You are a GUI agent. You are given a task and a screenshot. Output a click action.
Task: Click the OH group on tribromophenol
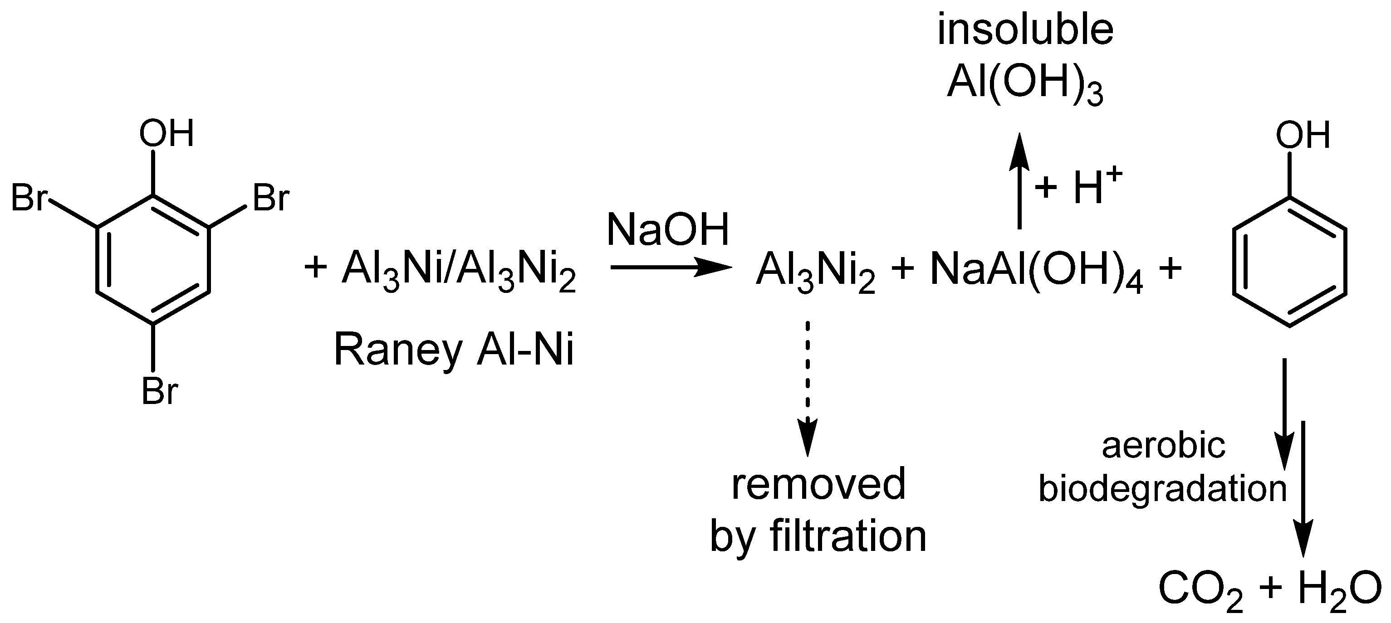click(x=167, y=133)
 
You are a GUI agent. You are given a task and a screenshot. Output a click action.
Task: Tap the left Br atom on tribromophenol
click(x=29, y=198)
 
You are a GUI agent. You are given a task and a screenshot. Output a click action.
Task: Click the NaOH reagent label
click(x=668, y=230)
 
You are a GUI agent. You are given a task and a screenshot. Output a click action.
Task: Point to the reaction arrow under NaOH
click(x=670, y=267)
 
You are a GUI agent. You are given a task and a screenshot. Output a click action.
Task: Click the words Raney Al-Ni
click(x=454, y=350)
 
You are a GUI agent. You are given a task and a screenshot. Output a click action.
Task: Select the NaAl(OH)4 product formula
click(x=1036, y=272)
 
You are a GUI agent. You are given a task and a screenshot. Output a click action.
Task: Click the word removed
click(x=818, y=484)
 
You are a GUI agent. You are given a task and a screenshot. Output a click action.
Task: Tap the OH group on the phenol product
click(x=1303, y=135)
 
